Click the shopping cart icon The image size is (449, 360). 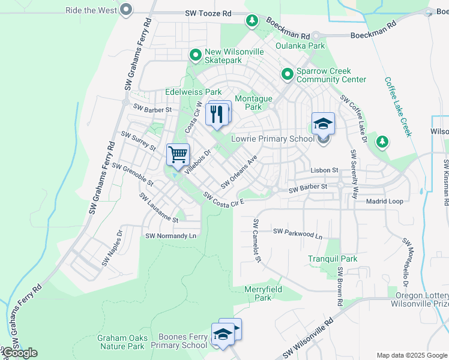[178, 155]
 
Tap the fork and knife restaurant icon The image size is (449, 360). [217, 113]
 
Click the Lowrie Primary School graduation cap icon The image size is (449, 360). [323, 124]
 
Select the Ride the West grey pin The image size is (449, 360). [125, 10]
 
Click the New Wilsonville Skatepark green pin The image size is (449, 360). [195, 55]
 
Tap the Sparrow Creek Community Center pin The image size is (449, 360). [288, 74]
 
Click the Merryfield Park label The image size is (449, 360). [263, 293]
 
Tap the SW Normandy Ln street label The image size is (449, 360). [170, 236]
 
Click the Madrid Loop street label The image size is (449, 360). [384, 201]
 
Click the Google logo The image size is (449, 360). [19, 353]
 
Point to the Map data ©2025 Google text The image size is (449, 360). [411, 355]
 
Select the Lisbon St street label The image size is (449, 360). [325, 170]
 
